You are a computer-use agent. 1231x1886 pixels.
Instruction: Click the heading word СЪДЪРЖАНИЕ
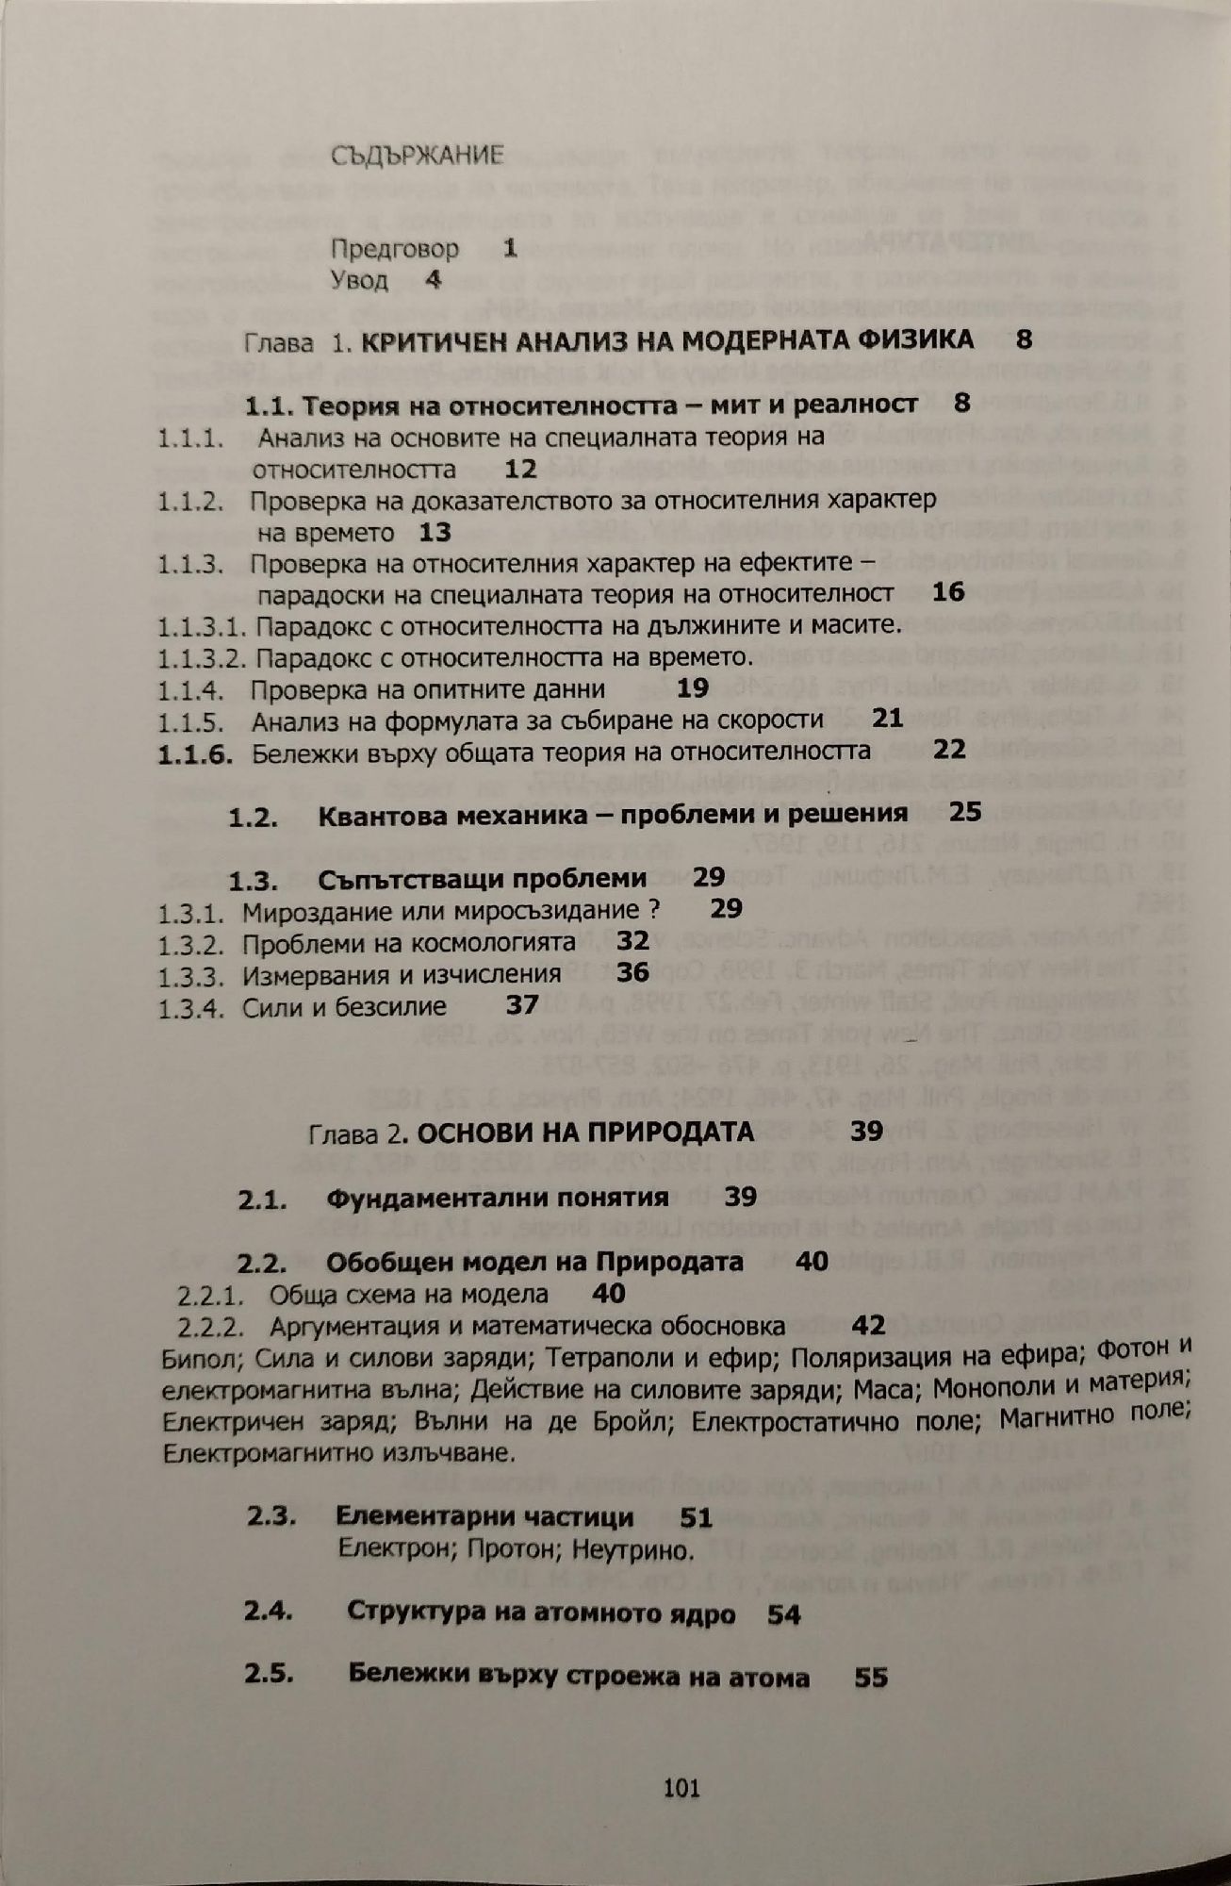point(418,157)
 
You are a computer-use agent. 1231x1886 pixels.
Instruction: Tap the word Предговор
point(395,249)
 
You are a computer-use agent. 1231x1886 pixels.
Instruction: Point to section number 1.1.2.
point(190,501)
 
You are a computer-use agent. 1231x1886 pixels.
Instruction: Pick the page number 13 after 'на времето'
point(435,533)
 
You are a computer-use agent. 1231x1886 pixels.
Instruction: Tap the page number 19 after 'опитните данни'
point(693,688)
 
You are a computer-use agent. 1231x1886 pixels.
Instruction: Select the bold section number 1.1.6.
point(194,753)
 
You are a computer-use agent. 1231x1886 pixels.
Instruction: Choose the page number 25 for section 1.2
point(965,812)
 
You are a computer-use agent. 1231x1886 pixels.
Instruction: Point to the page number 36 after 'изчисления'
point(632,973)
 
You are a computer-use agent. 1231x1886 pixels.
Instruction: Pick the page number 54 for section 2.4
point(783,1614)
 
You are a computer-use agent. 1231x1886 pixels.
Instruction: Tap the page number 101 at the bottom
point(681,1787)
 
